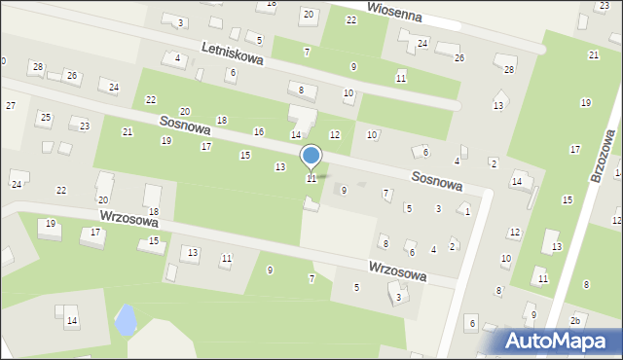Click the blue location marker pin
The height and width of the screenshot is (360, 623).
[x=311, y=158]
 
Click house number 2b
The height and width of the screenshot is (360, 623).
[x=575, y=320]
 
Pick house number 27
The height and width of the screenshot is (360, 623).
[x=10, y=105]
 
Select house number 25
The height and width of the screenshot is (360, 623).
[x=45, y=118]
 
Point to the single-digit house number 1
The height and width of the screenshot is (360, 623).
[x=468, y=211]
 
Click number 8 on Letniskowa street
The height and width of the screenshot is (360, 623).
[x=302, y=90]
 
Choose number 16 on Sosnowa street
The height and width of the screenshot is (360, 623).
[x=259, y=131]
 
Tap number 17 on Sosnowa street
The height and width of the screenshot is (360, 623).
[x=205, y=146]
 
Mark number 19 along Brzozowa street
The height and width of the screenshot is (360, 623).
[x=585, y=102]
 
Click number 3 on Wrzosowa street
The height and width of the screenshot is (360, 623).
[x=399, y=298]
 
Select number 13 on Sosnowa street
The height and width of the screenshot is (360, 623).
[x=280, y=167]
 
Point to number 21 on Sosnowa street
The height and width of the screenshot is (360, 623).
[x=127, y=131]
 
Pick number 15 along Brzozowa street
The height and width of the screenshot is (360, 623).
[x=568, y=199]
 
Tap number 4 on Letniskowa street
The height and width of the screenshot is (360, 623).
[x=177, y=58]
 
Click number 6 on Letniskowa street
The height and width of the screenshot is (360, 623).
[x=233, y=73]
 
